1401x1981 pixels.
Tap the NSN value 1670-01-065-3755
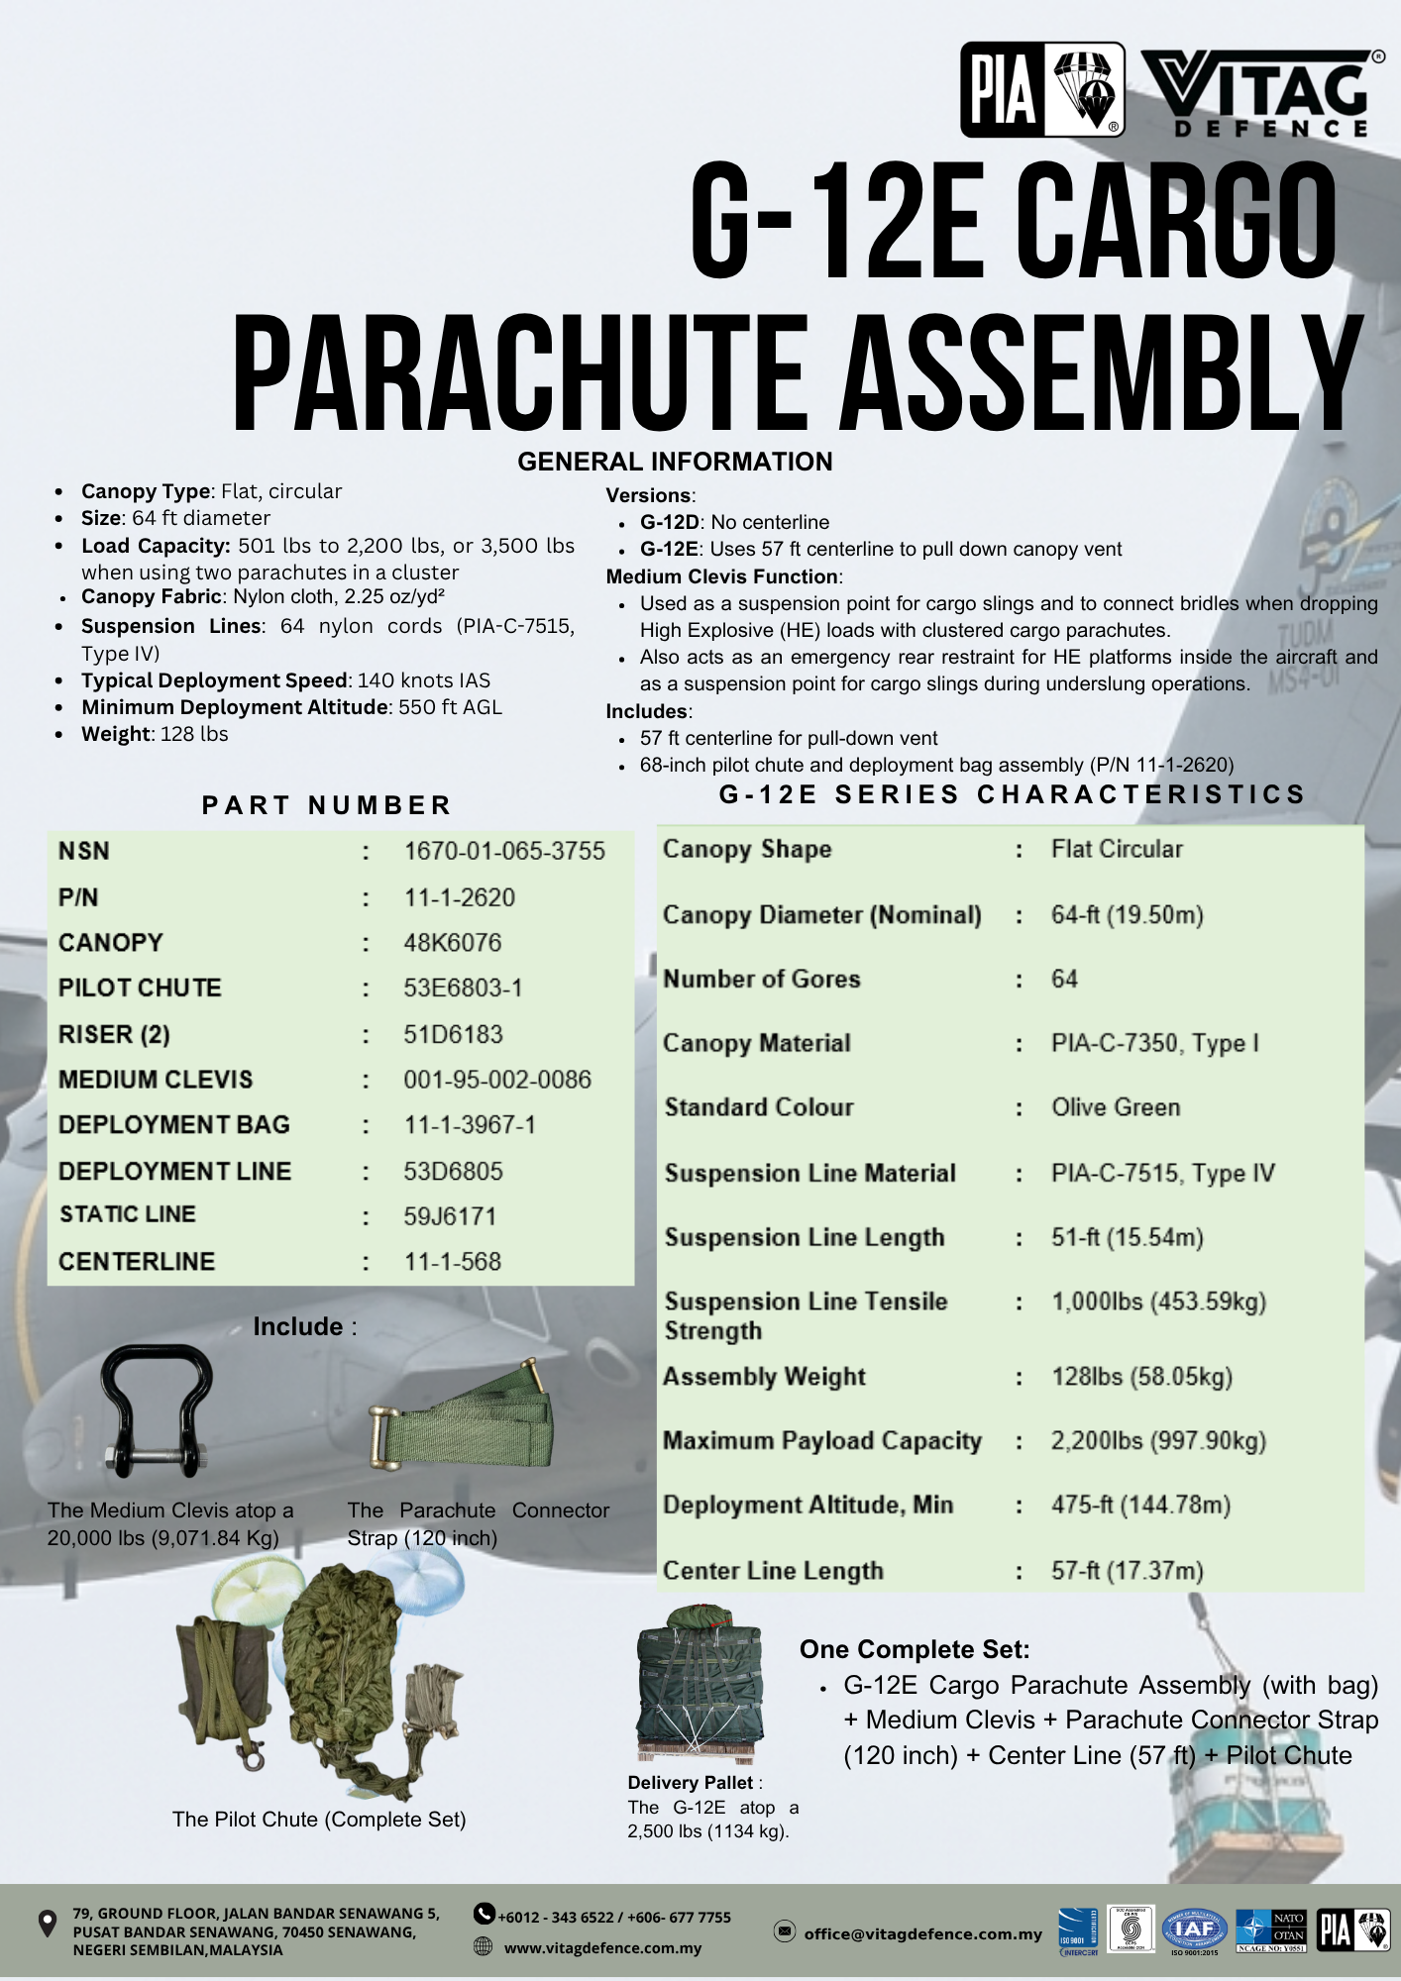pyautogui.click(x=504, y=851)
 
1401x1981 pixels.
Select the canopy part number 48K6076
pyautogui.click(x=452, y=942)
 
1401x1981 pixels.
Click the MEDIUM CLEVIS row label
pyautogui.click(x=156, y=1079)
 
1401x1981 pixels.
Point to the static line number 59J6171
pyautogui.click(x=450, y=1215)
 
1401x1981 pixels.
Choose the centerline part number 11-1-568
pyautogui.click(x=452, y=1261)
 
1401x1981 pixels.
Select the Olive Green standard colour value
pyautogui.click(x=1116, y=1106)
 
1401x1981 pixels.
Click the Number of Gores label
pyautogui.click(x=761, y=979)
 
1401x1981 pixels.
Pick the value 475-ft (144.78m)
pyautogui.click(x=1140, y=1505)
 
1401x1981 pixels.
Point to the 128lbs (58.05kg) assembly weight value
pyautogui.click(x=1141, y=1376)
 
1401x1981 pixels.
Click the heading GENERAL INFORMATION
pyautogui.click(x=675, y=462)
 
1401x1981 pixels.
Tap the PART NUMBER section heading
pyautogui.click(x=327, y=804)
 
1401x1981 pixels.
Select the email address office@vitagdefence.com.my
pyautogui.click(x=922, y=1933)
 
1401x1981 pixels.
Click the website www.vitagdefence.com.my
pyautogui.click(x=602, y=1947)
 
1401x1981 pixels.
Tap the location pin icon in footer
pyautogui.click(x=47, y=1924)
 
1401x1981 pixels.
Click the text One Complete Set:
pyautogui.click(x=915, y=1649)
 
